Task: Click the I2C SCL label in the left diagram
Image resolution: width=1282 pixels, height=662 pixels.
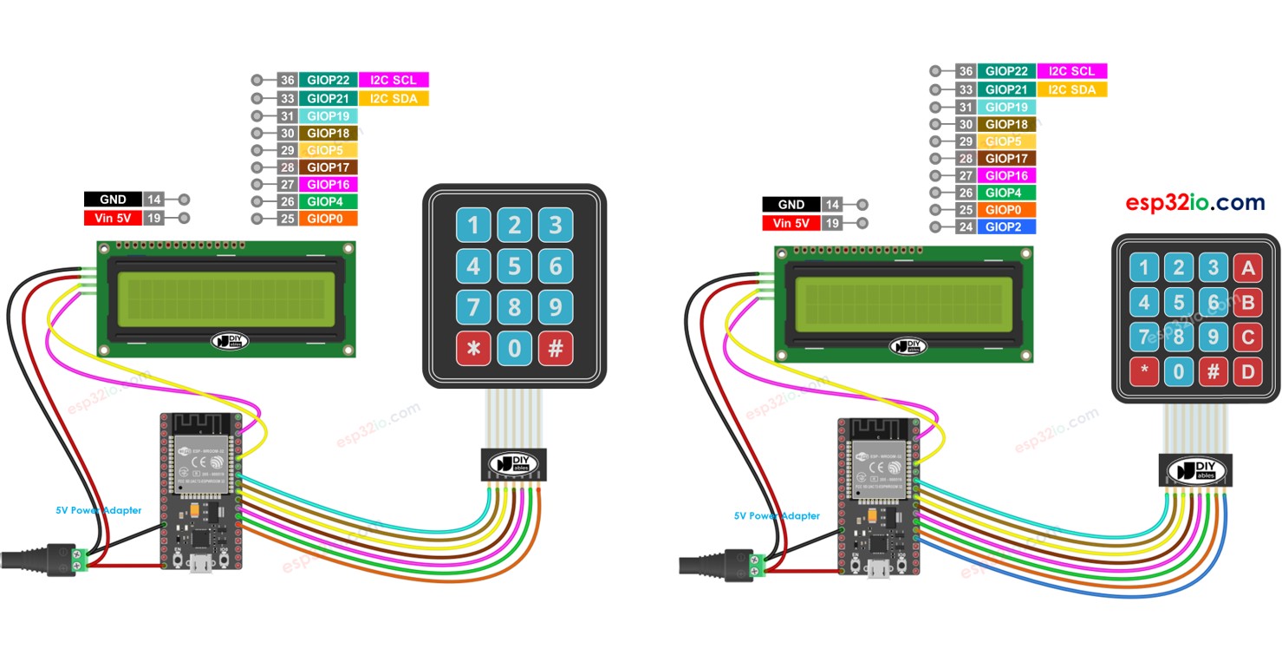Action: click(394, 80)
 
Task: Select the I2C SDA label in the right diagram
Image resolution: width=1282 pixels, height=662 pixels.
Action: click(1071, 89)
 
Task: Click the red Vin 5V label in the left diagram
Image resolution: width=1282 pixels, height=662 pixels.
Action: click(112, 219)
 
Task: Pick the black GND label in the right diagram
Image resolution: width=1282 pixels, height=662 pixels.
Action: click(791, 205)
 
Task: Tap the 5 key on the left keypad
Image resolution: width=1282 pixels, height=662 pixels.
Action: click(515, 265)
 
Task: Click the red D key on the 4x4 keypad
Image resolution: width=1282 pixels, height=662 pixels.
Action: click(1248, 372)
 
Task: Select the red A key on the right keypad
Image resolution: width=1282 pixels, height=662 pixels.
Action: click(1248, 269)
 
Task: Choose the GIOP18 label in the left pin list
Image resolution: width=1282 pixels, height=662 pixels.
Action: click(328, 133)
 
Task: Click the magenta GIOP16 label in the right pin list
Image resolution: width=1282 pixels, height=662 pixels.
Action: click(1006, 175)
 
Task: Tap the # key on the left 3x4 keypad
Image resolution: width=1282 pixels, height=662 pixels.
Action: click(556, 348)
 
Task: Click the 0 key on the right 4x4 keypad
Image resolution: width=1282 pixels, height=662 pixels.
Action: click(1178, 372)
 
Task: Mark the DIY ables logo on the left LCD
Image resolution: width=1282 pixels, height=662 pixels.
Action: click(230, 341)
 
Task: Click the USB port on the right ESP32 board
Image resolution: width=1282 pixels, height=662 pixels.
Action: click(882, 570)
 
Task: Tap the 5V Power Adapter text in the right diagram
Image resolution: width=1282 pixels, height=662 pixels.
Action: click(777, 515)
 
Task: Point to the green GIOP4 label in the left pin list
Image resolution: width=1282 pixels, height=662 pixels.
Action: click(328, 201)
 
